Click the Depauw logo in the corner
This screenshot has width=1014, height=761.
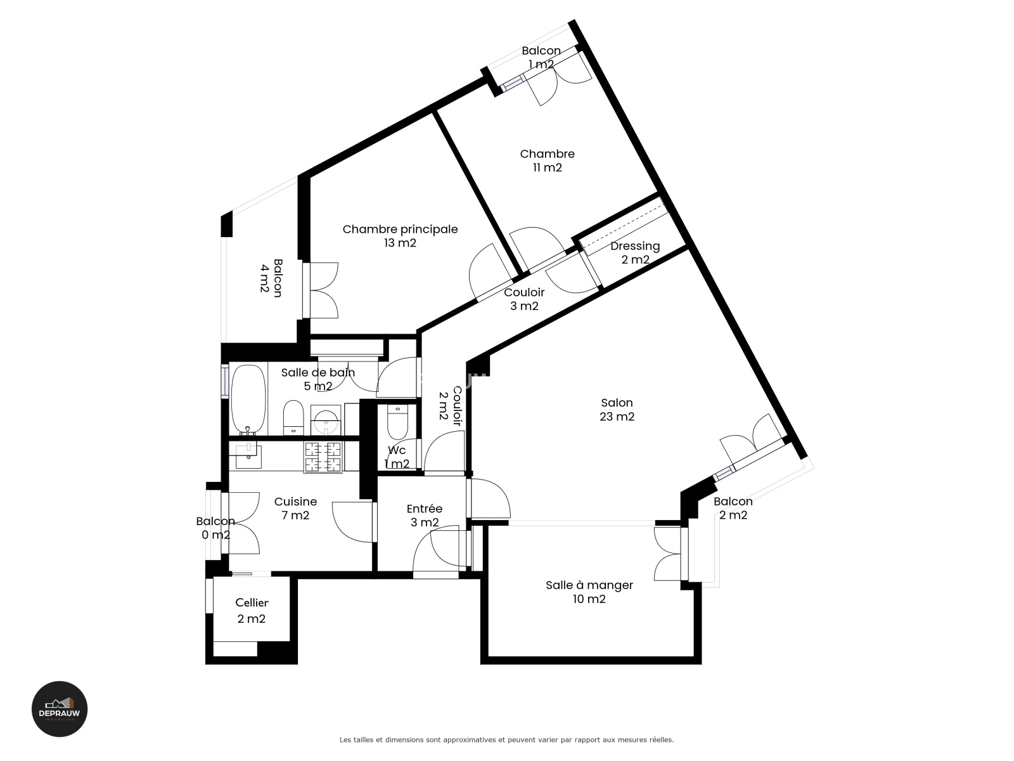click(x=59, y=709)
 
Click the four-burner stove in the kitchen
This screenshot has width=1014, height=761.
click(x=323, y=457)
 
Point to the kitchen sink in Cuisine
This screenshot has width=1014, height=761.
click(x=248, y=456)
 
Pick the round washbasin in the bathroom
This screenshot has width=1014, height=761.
click(x=326, y=420)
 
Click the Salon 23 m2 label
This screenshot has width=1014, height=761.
click(x=617, y=410)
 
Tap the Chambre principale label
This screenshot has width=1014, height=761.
click(x=400, y=229)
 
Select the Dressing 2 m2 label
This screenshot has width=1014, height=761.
click(x=635, y=253)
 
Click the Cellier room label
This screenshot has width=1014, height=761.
click(x=252, y=602)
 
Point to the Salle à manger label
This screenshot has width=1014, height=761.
click(x=589, y=585)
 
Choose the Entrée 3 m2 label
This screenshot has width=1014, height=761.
click(x=425, y=515)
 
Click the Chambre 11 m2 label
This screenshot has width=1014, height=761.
click(x=548, y=160)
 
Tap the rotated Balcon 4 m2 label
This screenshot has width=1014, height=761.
click(x=271, y=278)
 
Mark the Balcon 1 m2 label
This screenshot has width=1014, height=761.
click(x=541, y=57)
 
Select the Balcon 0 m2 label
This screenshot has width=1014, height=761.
click(x=215, y=528)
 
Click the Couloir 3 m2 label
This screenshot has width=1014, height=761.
click(x=524, y=299)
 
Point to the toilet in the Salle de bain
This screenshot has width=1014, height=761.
click(x=293, y=417)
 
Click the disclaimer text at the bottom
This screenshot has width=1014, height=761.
click(x=507, y=739)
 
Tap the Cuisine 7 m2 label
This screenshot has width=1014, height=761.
click(x=296, y=508)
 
